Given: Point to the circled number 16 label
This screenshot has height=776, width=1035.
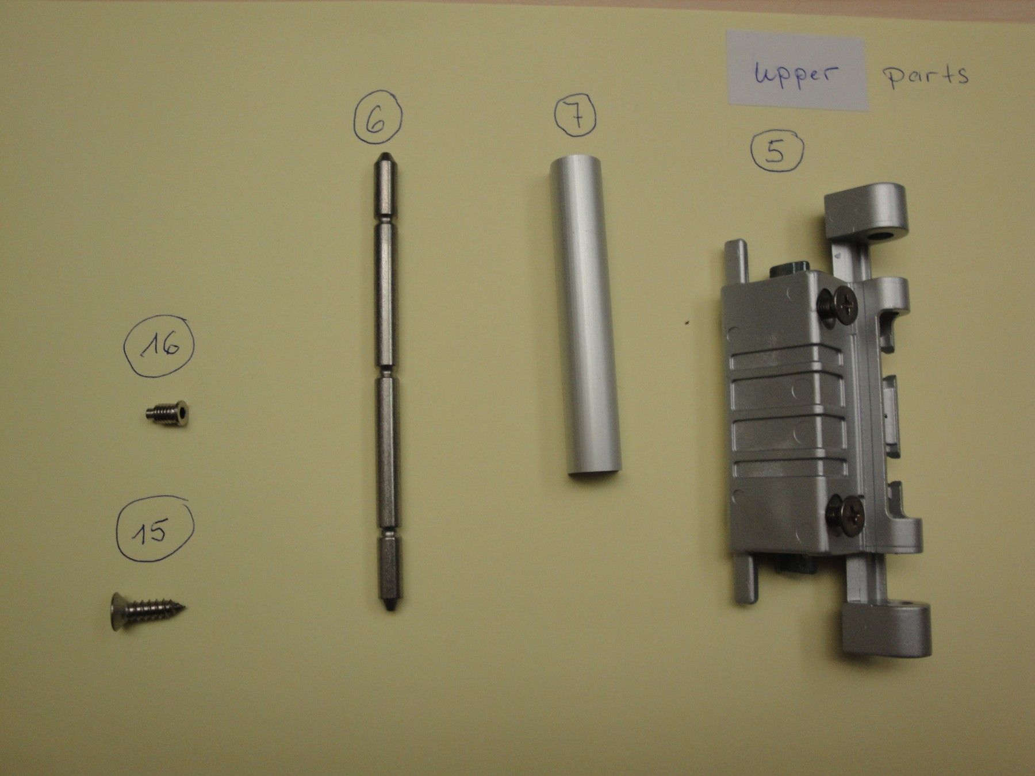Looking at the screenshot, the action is tap(159, 347).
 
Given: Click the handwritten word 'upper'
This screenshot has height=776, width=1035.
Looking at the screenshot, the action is tap(796, 74).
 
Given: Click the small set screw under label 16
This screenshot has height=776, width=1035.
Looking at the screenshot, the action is tap(168, 413).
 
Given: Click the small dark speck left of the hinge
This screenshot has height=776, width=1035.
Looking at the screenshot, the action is tap(685, 322).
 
